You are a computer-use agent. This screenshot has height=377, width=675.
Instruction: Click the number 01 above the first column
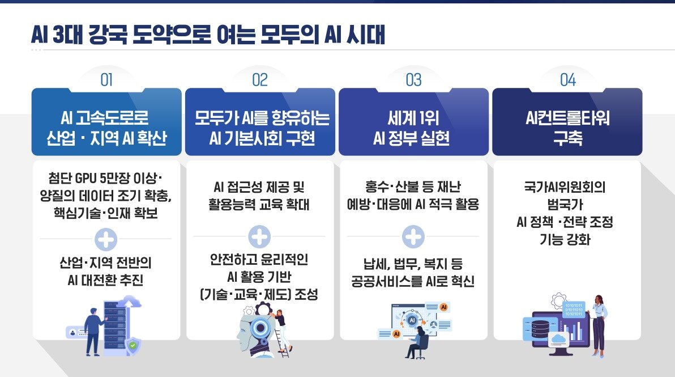pos(106,81)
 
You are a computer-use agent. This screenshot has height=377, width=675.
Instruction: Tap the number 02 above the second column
pos(260,81)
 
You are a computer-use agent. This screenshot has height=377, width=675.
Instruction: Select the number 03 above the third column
pos(414,81)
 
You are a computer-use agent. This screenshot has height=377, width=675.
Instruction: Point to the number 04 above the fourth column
pos(567,81)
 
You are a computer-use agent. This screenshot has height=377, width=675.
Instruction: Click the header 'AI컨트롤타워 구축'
pos(567,129)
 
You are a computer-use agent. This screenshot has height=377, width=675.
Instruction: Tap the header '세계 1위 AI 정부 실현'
pos(413,129)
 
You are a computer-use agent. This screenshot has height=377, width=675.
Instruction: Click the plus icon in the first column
pos(106,239)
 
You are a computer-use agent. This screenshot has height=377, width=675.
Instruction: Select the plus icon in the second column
pos(260,237)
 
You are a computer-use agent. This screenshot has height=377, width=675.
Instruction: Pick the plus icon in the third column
pos(413,236)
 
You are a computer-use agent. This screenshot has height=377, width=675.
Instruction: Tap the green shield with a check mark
pos(132,344)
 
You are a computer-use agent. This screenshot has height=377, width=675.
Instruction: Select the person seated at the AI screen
pos(418,342)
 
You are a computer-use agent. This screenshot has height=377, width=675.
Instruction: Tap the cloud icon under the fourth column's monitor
pos(558,340)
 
